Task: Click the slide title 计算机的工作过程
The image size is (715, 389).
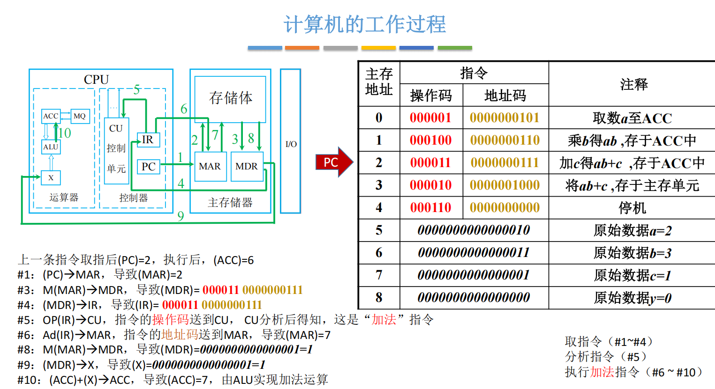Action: coord(364,24)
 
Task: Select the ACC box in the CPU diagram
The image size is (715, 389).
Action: coord(51,116)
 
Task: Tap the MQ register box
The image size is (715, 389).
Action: coord(80,116)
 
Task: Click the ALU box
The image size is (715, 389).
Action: coord(51,147)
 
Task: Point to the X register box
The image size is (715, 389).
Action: coord(51,177)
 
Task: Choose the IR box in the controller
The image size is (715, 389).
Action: coord(148,139)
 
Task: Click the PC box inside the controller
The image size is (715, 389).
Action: coord(148,167)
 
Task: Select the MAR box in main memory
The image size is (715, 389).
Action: coord(210,166)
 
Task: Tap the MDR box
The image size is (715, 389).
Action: coord(247,166)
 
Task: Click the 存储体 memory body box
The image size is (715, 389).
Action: coord(230,98)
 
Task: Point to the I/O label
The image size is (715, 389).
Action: coord(291,144)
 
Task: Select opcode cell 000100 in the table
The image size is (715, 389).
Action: coord(430,140)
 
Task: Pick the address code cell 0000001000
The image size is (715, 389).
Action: coord(504,185)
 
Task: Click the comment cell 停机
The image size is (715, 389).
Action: coord(632,207)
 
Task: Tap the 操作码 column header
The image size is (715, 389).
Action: coord(431,95)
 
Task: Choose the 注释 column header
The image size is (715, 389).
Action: coord(633,84)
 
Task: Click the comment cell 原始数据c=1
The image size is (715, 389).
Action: coord(632,275)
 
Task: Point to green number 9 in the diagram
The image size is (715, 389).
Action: coord(181,216)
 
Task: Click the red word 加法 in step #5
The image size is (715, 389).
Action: coord(384,320)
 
